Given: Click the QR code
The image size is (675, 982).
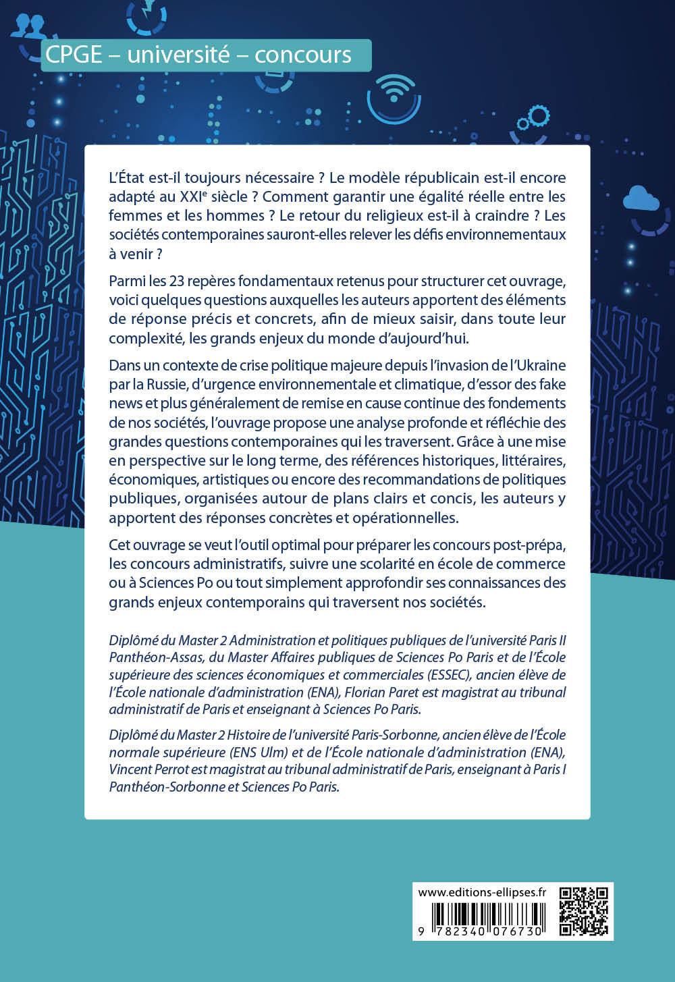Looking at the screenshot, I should coord(584,911).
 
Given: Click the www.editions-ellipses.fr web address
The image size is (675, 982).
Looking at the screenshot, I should coord(482,892).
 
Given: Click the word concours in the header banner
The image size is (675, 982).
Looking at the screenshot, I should coord(303,55).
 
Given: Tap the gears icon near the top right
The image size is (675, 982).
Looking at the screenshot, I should coord(533,119).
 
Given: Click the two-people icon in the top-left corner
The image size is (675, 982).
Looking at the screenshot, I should coord(28,26).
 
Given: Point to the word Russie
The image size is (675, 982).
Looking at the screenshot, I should coord(160,384).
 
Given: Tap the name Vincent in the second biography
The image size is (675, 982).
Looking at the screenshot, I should coord(130,769).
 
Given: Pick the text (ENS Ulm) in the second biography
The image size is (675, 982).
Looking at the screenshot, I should coord(239,752).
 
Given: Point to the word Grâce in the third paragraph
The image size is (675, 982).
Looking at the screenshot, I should coord(478,441).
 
